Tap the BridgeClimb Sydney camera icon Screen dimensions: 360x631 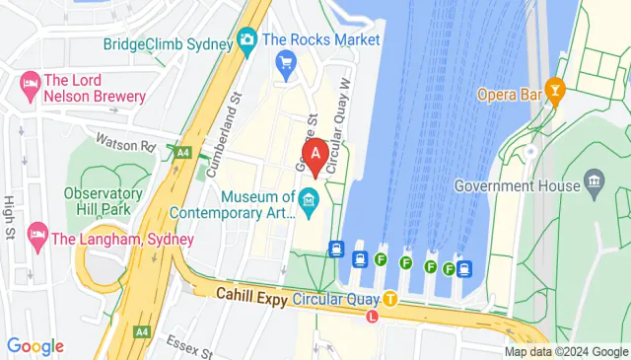[246, 40]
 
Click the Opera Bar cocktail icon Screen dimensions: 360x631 [555, 92]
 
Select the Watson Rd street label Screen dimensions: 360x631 [125, 144]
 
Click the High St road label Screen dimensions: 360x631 [10, 216]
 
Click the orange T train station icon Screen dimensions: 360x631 [390, 297]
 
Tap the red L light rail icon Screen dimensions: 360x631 [372, 317]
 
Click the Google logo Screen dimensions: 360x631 [35, 346]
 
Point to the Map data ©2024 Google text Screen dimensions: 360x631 [566, 351]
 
